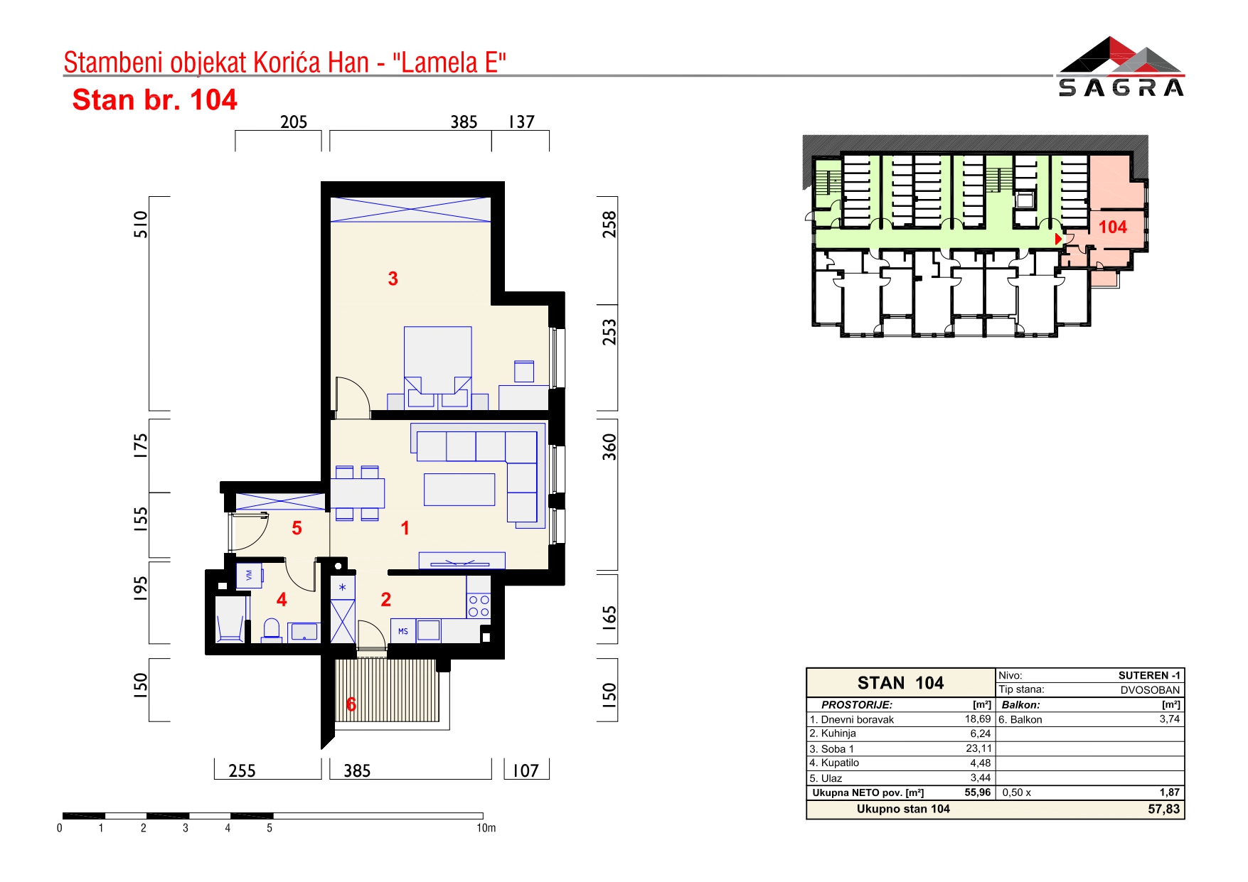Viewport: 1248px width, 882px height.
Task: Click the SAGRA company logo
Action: pyautogui.click(x=1121, y=66)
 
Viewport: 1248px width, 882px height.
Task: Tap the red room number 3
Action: pyautogui.click(x=393, y=279)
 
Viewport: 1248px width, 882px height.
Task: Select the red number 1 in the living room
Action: pyautogui.click(x=405, y=528)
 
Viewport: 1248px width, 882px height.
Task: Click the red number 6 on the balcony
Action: pyautogui.click(x=351, y=704)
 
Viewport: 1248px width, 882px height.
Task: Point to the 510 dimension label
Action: pyautogui.click(x=141, y=225)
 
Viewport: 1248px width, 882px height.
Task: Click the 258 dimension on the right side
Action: pyautogui.click(x=609, y=225)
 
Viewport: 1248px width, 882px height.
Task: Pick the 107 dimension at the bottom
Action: pyautogui.click(x=526, y=771)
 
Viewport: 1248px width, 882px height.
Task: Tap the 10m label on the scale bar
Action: pyautogui.click(x=486, y=828)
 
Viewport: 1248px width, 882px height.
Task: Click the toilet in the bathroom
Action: pyautogui.click(x=272, y=630)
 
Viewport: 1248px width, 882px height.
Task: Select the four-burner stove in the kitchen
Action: pyautogui.click(x=479, y=606)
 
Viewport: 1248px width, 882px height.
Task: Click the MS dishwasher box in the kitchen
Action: pyautogui.click(x=403, y=631)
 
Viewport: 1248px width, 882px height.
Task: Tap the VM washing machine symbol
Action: pyautogui.click(x=249, y=576)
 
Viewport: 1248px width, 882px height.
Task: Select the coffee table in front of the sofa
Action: pyautogui.click(x=459, y=490)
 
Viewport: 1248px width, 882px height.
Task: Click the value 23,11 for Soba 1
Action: pyautogui.click(x=978, y=748)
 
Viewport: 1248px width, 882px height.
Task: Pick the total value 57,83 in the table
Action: pyautogui.click(x=1163, y=809)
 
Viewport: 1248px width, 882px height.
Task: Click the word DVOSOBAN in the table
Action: pyautogui.click(x=1150, y=690)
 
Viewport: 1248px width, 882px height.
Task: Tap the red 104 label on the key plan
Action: pyautogui.click(x=1113, y=227)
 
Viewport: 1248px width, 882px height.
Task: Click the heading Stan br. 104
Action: pyautogui.click(x=154, y=100)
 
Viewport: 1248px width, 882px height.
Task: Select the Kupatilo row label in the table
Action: pyautogui.click(x=834, y=763)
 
